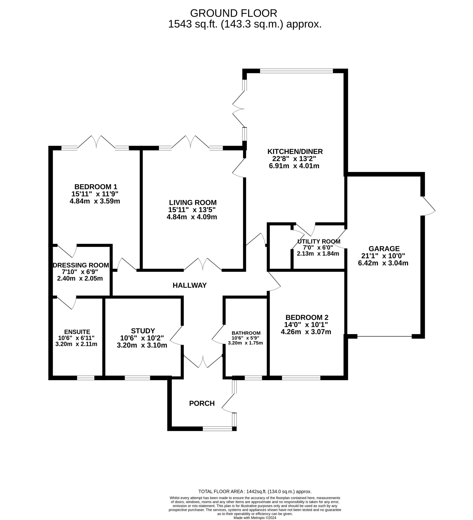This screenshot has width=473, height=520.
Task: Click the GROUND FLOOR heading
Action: pyautogui.click(x=233, y=13)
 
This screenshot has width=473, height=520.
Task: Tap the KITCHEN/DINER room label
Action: pyautogui.click(x=295, y=151)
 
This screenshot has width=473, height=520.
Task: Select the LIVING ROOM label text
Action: pyautogui.click(x=193, y=203)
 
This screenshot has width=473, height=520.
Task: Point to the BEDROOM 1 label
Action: pyautogui.click(x=96, y=186)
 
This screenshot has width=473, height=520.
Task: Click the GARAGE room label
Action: pyautogui.click(x=384, y=249)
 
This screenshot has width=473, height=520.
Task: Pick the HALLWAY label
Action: pyautogui.click(x=190, y=285)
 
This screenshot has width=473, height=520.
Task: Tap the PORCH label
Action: pyautogui.click(x=202, y=403)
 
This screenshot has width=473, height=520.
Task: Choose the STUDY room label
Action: pyautogui.click(x=143, y=331)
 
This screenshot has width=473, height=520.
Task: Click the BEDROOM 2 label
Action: pyautogui.click(x=307, y=317)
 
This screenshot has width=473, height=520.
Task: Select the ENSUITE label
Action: pyautogui.click(x=77, y=332)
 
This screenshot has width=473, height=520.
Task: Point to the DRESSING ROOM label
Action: pyautogui.click(x=81, y=265)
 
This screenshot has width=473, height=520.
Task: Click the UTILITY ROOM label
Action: pyautogui.click(x=319, y=242)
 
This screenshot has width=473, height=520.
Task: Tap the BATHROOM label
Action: pyautogui.click(x=246, y=333)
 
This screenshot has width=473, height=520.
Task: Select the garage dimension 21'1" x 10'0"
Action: pyautogui.click(x=383, y=256)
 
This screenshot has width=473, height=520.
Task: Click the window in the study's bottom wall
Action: pyautogui.click(x=137, y=378)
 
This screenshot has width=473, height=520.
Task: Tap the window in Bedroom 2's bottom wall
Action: pyautogui.click(x=301, y=378)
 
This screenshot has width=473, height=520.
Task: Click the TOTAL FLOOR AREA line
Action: pyautogui.click(x=255, y=491)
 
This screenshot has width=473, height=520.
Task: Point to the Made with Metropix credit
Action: pyautogui.click(x=255, y=517)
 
